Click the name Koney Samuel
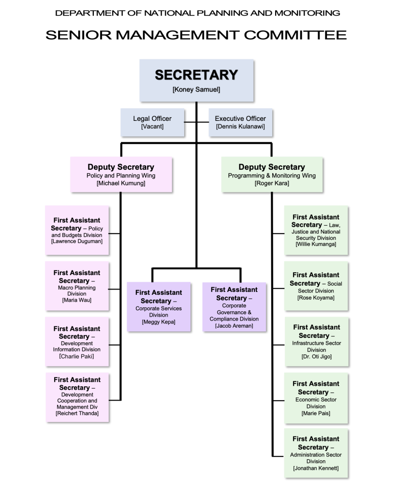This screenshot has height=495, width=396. (x=196, y=89)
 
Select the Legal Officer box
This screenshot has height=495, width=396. (x=152, y=122)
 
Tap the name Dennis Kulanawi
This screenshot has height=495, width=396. (x=240, y=127)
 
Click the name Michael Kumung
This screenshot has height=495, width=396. (x=121, y=184)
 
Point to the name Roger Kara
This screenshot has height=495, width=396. (x=272, y=184)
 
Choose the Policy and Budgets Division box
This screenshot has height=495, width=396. (x=77, y=231)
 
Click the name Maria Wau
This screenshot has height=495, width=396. (x=77, y=300)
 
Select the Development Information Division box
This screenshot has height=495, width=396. (x=77, y=342)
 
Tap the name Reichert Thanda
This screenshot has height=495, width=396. (x=77, y=413)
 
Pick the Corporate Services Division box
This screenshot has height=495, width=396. (x=159, y=307)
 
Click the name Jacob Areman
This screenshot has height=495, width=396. (x=234, y=326)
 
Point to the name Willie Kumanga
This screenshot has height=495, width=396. (x=316, y=245)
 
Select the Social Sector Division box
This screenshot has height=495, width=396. (x=316, y=286)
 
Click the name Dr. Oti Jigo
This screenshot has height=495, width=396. (x=316, y=357)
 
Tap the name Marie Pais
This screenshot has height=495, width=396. (x=316, y=413)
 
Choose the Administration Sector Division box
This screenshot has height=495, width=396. (x=316, y=453)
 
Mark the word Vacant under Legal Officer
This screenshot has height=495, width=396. (x=152, y=127)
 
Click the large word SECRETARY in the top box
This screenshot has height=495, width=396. (x=196, y=75)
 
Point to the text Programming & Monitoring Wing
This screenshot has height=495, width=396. (x=272, y=176)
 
